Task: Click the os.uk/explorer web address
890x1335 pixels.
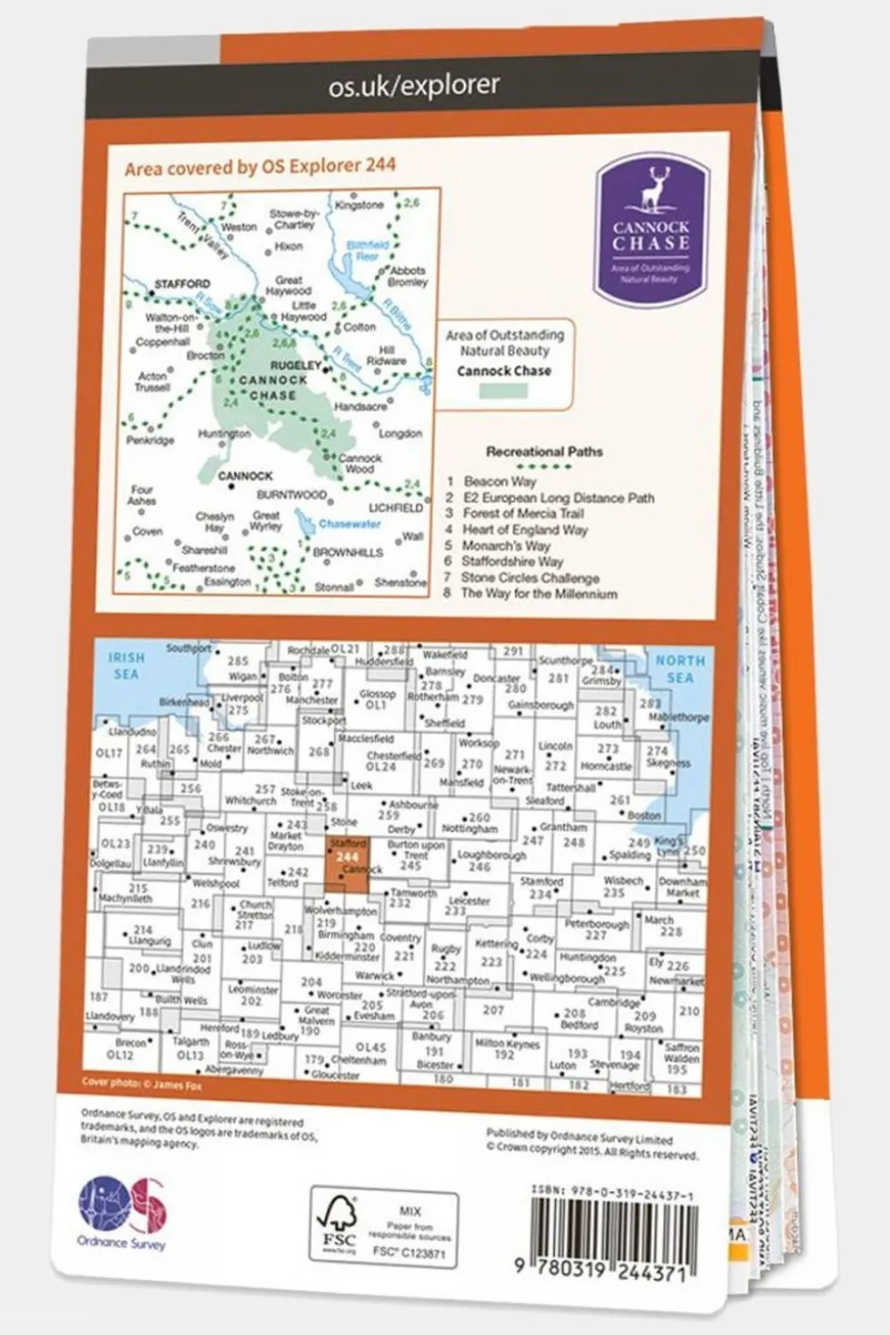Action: click(414, 85)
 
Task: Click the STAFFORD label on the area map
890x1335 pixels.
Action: click(182, 284)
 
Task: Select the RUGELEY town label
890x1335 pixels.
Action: click(294, 366)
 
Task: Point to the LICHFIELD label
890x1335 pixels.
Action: click(396, 508)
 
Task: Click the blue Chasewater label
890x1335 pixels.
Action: click(349, 524)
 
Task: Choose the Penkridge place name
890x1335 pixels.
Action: click(150, 440)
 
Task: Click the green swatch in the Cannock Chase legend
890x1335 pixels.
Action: click(503, 391)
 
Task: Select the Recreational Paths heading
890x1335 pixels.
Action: click(544, 452)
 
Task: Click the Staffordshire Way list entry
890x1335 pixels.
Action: click(511, 561)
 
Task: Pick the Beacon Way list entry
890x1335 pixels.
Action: click(499, 481)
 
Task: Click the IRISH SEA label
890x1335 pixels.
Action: click(126, 666)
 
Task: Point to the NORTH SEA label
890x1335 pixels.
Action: click(680, 669)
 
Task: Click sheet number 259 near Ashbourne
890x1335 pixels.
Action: click(388, 815)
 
